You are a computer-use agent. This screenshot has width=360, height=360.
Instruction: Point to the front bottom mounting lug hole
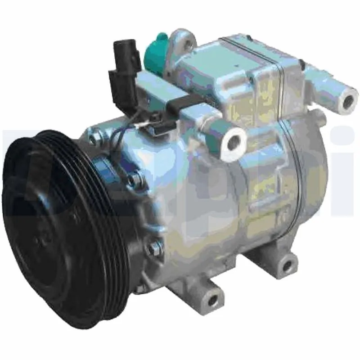pyautogui.click(x=215, y=297)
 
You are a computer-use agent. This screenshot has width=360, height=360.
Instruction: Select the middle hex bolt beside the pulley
pyautogui.click(x=133, y=180)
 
